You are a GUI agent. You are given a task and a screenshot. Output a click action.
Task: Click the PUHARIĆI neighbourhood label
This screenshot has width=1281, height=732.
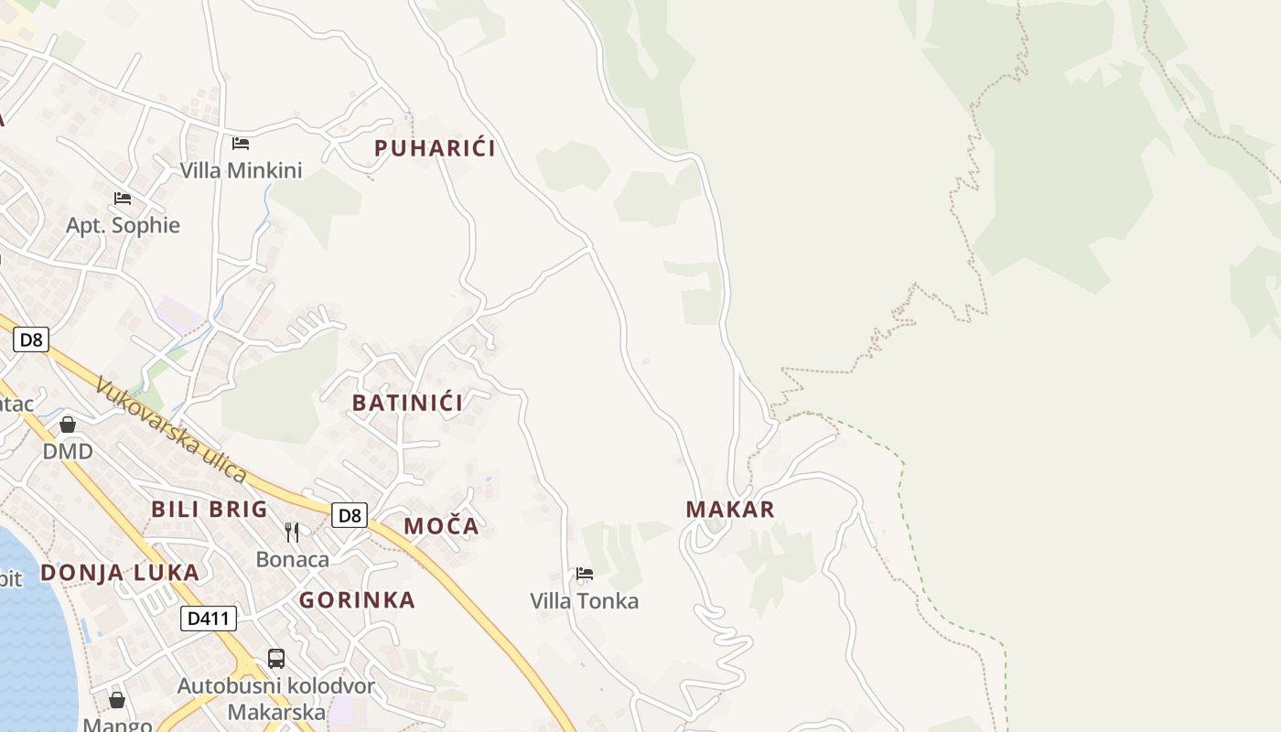click(435, 148)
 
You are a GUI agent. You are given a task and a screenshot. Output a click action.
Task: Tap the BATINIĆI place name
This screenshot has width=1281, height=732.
click(407, 403)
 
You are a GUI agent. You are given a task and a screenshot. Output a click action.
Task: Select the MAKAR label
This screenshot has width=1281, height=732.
click(730, 510)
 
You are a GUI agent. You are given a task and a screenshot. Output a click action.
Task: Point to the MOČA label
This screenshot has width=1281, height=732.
click(442, 526)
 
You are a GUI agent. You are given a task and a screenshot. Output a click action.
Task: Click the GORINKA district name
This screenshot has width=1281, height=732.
click(357, 600)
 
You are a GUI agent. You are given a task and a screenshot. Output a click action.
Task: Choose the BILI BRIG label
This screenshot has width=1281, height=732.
click(210, 510)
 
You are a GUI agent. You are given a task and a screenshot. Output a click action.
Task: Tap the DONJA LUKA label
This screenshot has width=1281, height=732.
click(120, 573)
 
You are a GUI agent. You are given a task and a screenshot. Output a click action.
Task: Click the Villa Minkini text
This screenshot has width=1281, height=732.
click(241, 170)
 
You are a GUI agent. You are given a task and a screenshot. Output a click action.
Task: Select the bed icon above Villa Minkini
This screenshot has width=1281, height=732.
click(241, 143)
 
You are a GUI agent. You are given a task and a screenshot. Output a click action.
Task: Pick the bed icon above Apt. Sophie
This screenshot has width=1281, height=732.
click(123, 198)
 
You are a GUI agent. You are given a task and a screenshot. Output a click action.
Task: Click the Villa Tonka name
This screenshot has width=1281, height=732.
click(585, 601)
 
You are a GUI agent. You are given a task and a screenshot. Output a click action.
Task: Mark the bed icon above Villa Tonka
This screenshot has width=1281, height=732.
click(585, 574)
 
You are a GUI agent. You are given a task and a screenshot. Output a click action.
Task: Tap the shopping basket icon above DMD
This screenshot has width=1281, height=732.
click(68, 425)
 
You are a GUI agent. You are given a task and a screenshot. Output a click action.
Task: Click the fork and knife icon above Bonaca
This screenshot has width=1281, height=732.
click(292, 533)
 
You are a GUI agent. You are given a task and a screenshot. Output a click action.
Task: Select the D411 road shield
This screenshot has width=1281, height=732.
click(209, 619)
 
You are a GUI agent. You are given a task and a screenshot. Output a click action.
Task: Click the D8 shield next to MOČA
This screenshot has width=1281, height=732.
click(349, 515)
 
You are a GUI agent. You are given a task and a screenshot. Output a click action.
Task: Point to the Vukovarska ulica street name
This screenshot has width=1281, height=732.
click(171, 430)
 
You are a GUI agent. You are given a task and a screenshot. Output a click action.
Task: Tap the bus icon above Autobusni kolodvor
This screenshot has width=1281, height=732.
click(276, 658)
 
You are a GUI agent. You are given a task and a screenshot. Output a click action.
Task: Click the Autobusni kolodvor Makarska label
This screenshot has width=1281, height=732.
click(276, 699)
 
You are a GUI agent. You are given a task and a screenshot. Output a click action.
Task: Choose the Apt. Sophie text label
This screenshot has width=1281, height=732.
click(123, 225)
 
